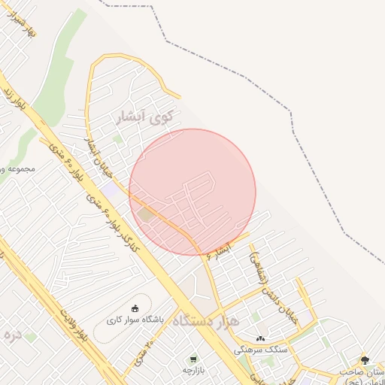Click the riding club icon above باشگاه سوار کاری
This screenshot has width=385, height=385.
pos(135,308)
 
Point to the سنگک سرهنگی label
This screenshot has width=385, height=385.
pos(260,350)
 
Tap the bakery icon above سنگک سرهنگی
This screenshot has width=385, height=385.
pos(260,338)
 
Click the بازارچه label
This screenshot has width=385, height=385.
pos(194,370)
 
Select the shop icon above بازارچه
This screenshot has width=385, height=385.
pos(194,359)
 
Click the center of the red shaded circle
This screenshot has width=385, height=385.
pos(192,192)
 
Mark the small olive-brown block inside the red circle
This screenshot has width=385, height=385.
pos(145,215)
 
